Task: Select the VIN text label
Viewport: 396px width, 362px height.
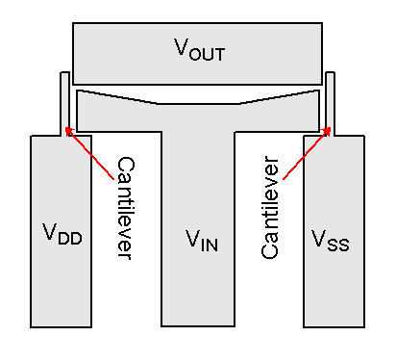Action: (202, 241)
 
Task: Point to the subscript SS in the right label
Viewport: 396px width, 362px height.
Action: (338, 245)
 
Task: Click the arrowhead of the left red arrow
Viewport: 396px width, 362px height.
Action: (68, 129)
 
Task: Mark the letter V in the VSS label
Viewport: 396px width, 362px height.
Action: (319, 239)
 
